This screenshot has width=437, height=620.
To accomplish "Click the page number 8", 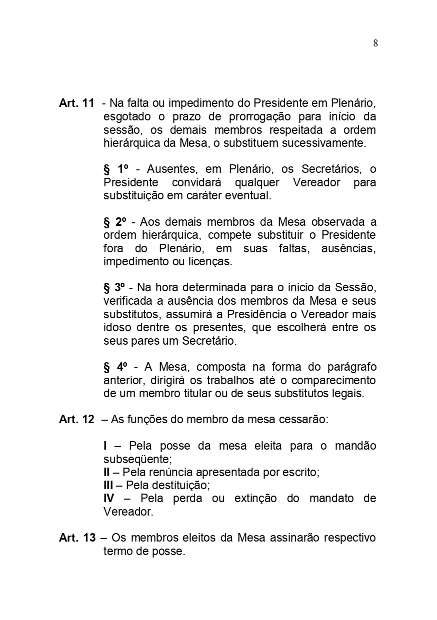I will (x=375, y=43).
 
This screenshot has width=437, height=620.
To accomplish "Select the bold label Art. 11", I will (x=76, y=103).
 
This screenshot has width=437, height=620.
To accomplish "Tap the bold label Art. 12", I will (x=76, y=420).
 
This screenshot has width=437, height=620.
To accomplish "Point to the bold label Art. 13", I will (x=77, y=538).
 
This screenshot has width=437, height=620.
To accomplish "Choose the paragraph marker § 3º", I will (x=114, y=288).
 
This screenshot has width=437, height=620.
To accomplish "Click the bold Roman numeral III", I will (x=108, y=485).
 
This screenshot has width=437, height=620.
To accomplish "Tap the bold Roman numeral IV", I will (x=108, y=498).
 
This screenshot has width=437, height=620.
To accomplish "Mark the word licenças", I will (x=210, y=261).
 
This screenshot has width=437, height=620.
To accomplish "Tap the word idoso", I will (x=118, y=328).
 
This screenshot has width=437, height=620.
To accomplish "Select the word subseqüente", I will (x=137, y=459).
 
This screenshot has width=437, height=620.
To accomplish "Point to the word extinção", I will (x=255, y=498).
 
